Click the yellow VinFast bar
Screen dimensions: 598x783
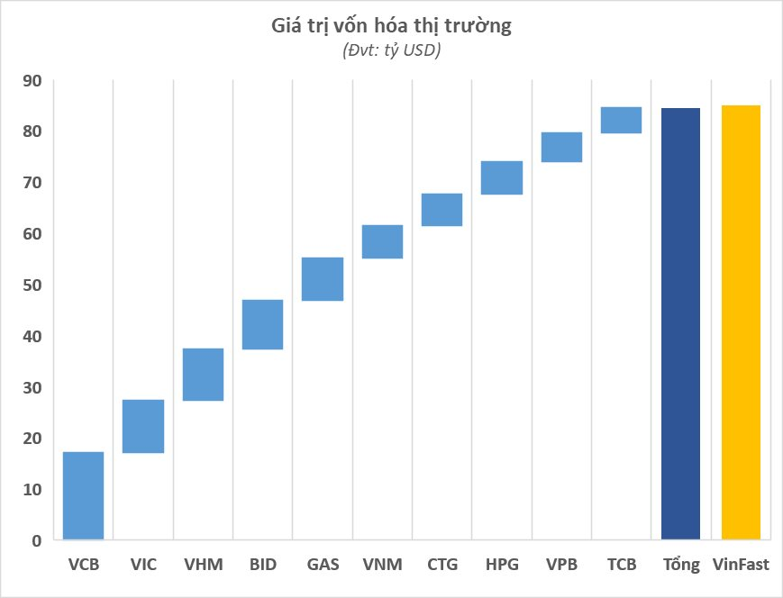(741, 322)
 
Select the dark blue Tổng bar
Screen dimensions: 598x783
(680, 324)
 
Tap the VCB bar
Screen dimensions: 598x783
(84, 495)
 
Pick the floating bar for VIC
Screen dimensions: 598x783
(143, 426)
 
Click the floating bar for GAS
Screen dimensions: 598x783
(323, 279)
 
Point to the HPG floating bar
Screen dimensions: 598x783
(502, 177)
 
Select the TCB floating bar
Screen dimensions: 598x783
(621, 120)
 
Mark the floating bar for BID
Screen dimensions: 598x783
(263, 324)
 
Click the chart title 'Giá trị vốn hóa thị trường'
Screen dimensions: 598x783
(391, 26)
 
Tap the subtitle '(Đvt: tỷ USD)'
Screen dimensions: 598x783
(391, 51)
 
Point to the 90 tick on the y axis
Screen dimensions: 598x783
(32, 81)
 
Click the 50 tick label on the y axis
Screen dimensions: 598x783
(32, 285)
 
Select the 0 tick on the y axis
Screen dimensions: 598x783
(36, 540)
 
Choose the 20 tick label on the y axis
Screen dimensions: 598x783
(32, 439)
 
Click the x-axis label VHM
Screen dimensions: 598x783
(203, 566)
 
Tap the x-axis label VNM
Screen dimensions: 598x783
(382, 566)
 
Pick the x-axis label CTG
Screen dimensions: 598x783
(442, 566)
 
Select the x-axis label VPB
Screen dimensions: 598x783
(561, 566)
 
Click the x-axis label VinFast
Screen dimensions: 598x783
(741, 566)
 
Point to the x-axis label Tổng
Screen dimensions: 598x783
(681, 566)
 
